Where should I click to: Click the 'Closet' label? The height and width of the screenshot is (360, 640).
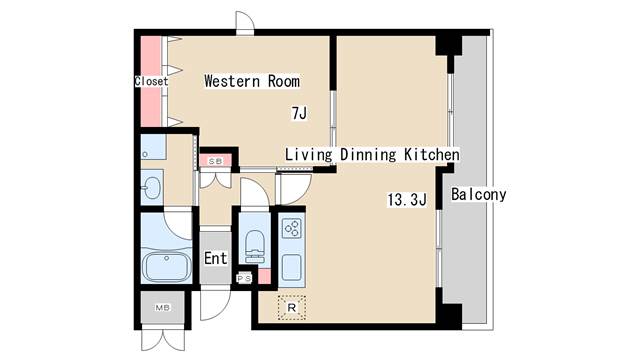tap(151, 82)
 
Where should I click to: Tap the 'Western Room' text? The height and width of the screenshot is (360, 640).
tap(252, 81)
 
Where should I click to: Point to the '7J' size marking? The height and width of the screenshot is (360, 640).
tap(298, 114)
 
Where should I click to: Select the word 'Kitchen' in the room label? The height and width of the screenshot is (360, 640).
tap(431, 155)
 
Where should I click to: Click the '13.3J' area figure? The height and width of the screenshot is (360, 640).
tap(407, 199)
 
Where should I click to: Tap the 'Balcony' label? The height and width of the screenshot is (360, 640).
tap(478, 195)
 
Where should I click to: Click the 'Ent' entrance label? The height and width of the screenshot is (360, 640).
tap(215, 258)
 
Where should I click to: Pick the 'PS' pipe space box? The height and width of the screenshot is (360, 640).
tap(243, 278)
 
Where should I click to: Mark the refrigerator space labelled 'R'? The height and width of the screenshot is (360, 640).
tap(292, 308)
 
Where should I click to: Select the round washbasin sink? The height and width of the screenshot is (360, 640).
tap(152, 187)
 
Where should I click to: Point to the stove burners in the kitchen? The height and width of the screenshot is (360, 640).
tap(292, 229)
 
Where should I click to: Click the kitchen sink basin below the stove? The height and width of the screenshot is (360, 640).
tap(292, 267)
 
